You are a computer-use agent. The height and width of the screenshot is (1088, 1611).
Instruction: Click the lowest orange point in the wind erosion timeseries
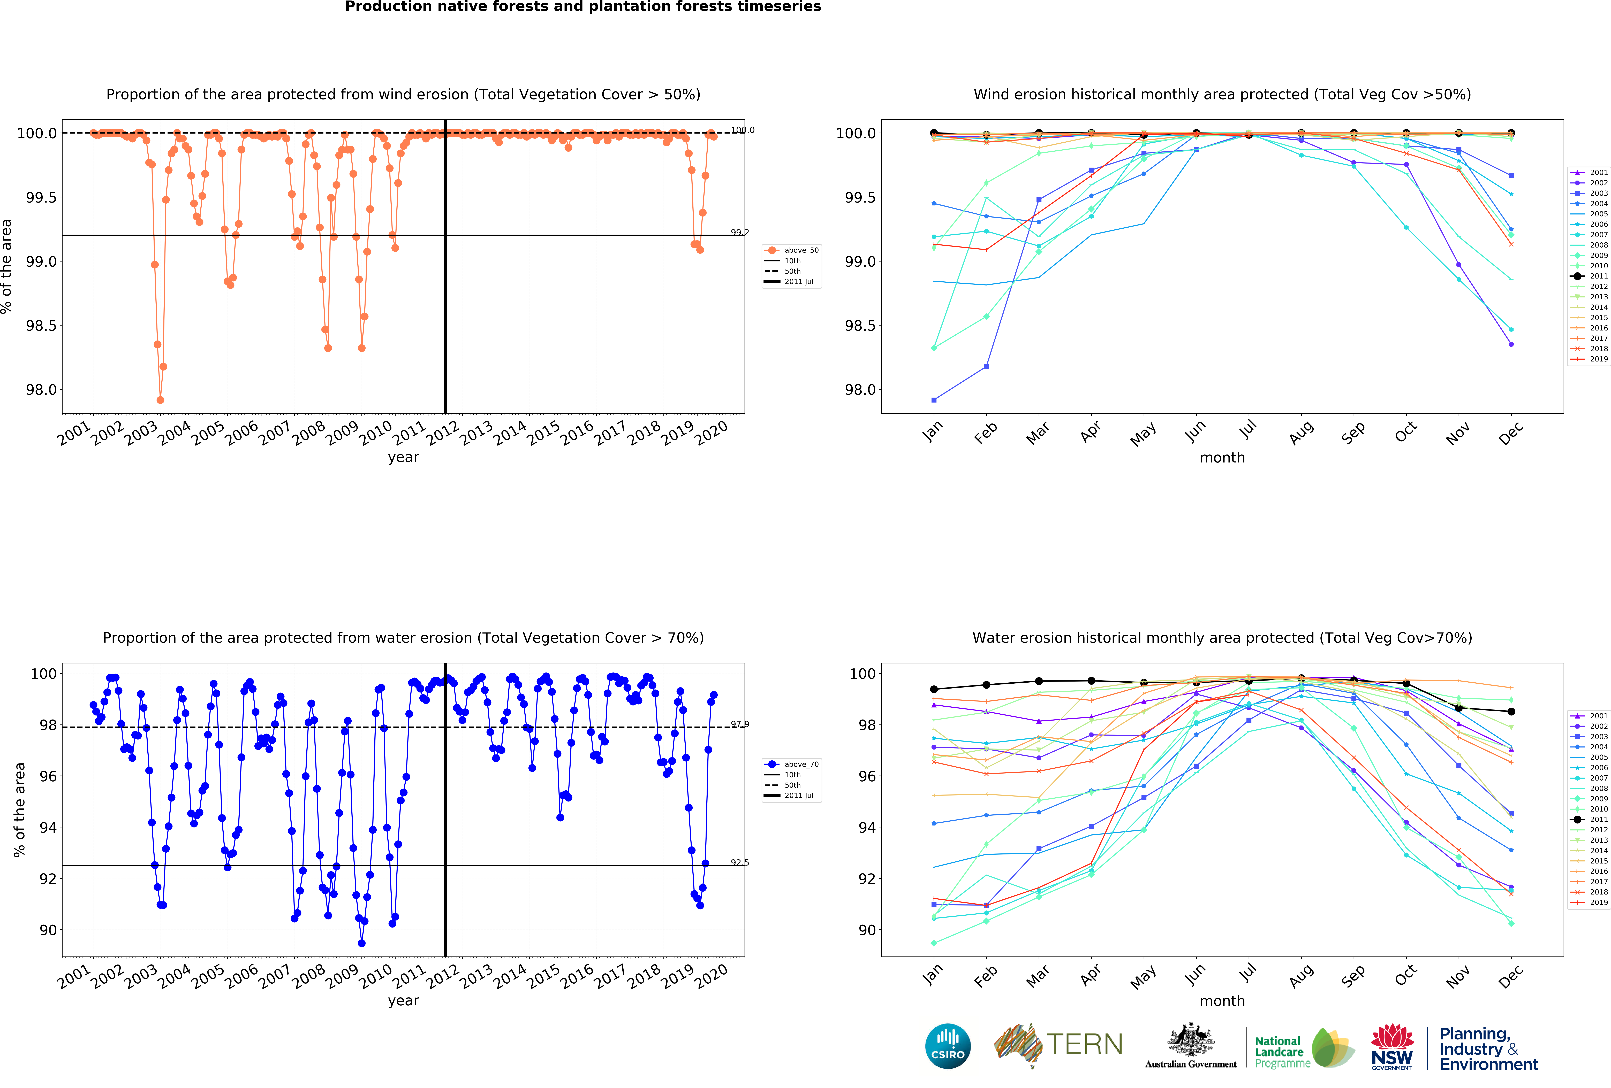point(160,400)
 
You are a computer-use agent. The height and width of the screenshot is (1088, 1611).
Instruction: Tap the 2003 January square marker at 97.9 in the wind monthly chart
point(934,400)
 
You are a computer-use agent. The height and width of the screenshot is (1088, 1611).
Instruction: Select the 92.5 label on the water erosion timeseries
point(740,863)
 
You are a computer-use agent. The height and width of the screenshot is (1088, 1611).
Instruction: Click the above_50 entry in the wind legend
point(801,250)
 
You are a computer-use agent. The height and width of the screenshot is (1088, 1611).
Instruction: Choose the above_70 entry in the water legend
point(801,764)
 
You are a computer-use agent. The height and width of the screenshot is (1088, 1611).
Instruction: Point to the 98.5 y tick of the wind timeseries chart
point(42,326)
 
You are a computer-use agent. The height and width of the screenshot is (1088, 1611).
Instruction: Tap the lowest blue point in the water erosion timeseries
point(361,943)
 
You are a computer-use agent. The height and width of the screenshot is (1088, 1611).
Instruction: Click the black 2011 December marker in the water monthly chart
point(1511,712)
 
